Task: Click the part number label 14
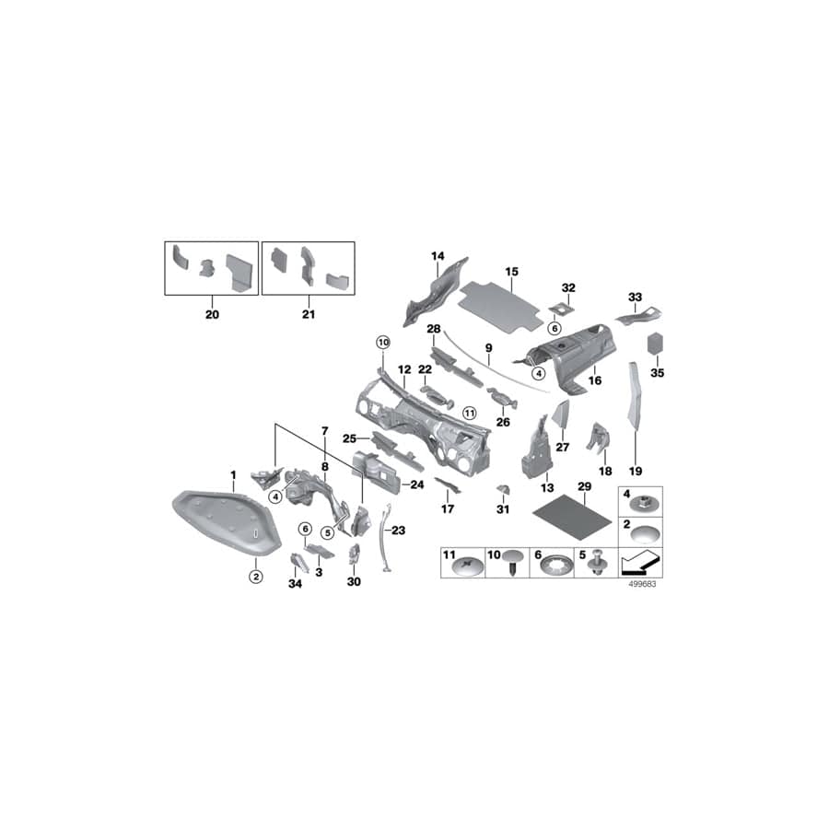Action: click(438, 255)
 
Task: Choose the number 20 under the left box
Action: click(213, 314)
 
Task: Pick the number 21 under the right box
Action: click(309, 314)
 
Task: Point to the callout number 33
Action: click(634, 297)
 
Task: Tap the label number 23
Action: click(399, 531)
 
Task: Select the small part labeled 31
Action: click(503, 488)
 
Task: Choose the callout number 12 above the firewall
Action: click(403, 369)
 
